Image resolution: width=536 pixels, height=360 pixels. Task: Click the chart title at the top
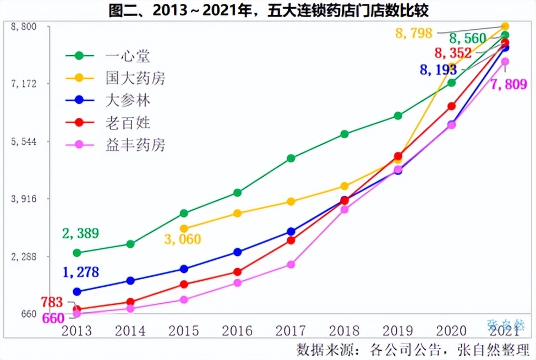point(268,9)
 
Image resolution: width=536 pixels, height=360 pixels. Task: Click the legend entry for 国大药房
point(135,78)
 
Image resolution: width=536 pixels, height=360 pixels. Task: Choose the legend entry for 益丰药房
point(135,145)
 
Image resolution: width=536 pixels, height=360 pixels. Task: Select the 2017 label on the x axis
point(291,331)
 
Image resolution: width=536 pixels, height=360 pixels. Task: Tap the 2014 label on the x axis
point(130,331)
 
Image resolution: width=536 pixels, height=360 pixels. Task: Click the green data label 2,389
point(80,233)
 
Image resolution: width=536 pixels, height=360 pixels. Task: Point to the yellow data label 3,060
point(182,239)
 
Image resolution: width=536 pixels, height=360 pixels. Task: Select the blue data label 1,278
point(80,272)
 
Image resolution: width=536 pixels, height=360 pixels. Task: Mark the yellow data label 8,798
point(414,34)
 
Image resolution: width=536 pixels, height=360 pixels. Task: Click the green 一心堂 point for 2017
point(291,159)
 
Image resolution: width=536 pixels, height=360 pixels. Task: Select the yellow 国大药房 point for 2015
point(184,228)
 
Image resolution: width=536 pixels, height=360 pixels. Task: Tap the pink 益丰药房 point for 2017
point(291,265)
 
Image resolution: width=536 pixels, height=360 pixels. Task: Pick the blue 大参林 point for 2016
point(237,252)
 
